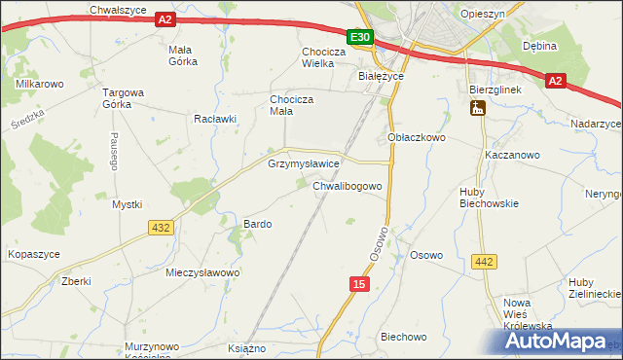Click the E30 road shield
pos(360,38)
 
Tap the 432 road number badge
pos(162,228)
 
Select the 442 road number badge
pos(484,261)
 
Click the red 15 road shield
pos(360,283)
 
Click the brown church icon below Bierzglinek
pos(478,110)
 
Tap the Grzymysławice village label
pos(303,164)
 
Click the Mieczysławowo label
pos(202,273)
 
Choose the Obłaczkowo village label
pos(417,138)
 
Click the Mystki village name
pos(127,204)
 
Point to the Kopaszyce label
pos(34,254)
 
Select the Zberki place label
pos(75,281)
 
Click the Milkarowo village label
pos(40,85)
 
